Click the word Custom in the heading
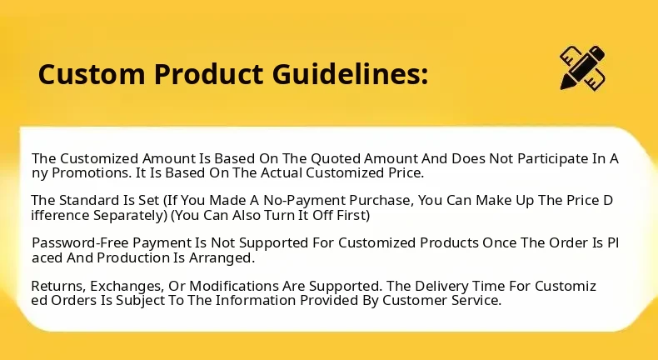click(92, 74)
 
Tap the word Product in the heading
click(208, 74)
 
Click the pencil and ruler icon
click(582, 67)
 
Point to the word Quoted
click(336, 159)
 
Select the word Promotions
click(92, 173)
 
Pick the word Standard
click(88, 200)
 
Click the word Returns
click(59, 286)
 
